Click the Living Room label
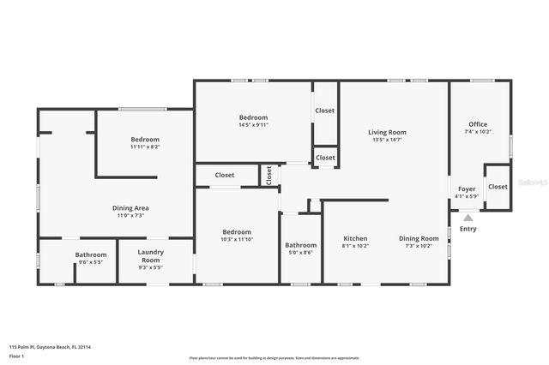387,132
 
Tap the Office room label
477,124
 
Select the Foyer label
467,188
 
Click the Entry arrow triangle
468,218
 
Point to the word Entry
468,229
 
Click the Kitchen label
355,238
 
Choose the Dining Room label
419,238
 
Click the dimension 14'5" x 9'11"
253,125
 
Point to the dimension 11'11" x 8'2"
145,147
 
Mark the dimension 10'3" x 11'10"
237,239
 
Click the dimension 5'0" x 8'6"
300,253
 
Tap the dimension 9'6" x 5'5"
90,262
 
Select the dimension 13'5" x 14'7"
387,140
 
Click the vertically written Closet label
268,176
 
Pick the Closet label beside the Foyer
498,186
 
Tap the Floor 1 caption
16,355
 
